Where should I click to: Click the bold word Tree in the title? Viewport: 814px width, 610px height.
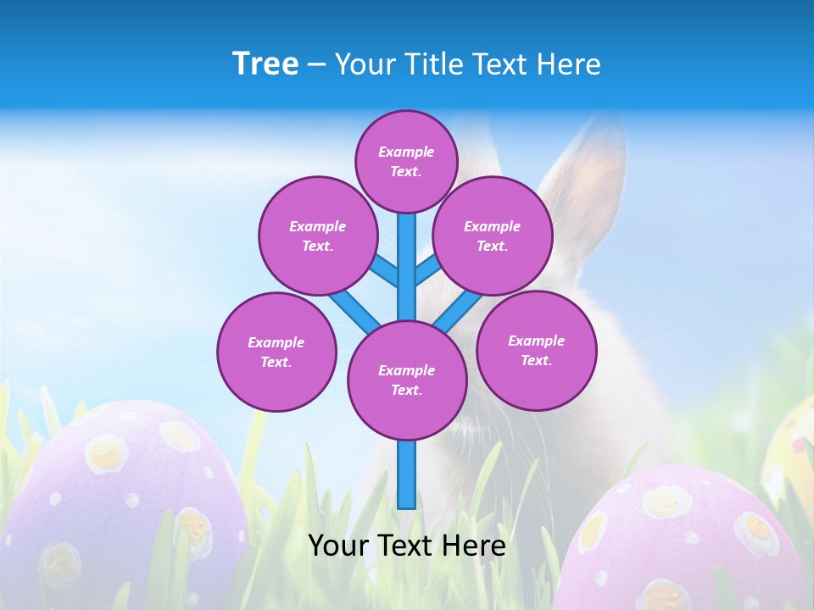coord(265,64)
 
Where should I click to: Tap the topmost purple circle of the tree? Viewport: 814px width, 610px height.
coord(406,161)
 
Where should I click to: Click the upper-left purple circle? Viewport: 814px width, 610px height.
coord(317,236)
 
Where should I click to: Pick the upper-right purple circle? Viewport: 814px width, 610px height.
coord(492,236)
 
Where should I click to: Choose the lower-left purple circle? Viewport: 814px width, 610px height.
coord(276,352)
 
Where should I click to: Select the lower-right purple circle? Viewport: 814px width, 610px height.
coord(536,350)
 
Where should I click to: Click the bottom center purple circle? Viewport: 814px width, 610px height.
coord(406,380)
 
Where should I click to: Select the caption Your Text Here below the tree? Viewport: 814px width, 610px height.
coord(406,546)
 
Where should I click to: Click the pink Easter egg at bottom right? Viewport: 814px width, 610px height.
coord(687,542)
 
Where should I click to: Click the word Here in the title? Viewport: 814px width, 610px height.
coord(572,64)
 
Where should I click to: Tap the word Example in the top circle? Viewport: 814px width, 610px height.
coord(406,152)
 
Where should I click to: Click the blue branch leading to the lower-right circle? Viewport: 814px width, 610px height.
coord(458,312)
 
